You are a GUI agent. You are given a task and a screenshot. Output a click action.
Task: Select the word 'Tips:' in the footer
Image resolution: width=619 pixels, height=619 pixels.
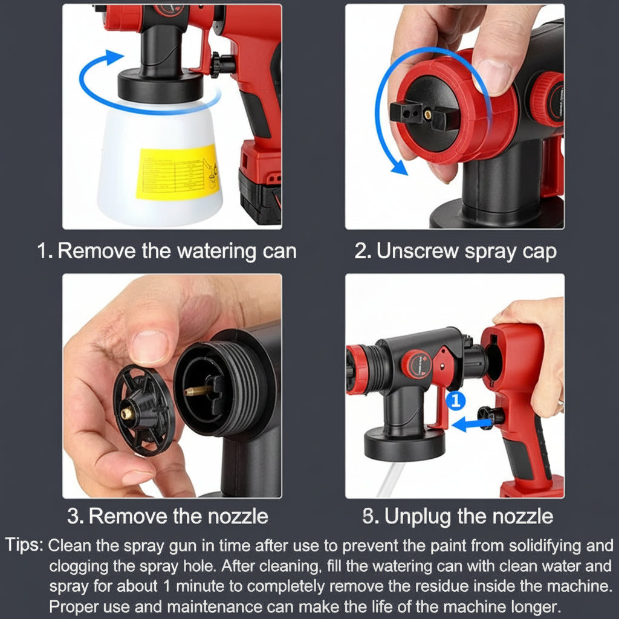[x=24, y=545]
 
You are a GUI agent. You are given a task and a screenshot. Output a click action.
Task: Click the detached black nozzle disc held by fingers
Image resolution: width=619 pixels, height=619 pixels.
[x=143, y=411]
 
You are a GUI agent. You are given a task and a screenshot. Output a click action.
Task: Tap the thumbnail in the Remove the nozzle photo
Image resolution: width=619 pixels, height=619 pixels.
[x=149, y=345]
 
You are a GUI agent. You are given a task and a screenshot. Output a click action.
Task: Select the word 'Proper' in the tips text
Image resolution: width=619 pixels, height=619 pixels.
[x=73, y=605]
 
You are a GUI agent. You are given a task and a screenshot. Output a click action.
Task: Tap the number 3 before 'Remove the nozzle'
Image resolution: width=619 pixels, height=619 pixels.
[x=74, y=516]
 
